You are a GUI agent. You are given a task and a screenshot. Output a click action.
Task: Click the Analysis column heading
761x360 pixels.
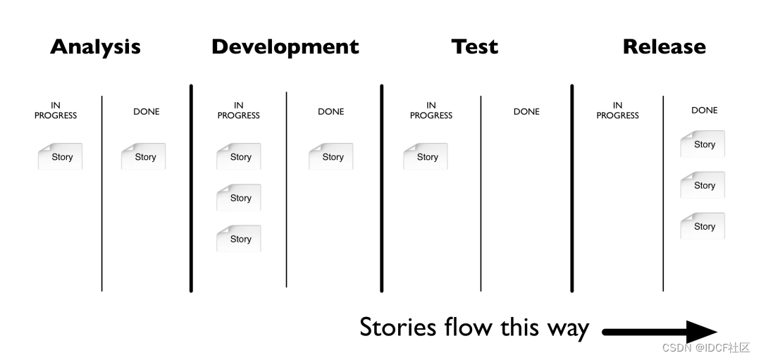(95, 46)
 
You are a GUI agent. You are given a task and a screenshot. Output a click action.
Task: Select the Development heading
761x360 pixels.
(285, 46)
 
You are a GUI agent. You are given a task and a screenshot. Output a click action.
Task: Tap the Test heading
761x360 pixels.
(474, 46)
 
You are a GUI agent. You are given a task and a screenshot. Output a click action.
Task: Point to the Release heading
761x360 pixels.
(664, 46)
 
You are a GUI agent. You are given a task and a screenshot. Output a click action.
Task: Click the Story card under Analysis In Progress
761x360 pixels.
(61, 156)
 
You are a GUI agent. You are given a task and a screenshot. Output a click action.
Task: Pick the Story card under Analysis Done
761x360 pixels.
(144, 156)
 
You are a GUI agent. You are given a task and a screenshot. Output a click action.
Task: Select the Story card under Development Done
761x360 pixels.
(331, 156)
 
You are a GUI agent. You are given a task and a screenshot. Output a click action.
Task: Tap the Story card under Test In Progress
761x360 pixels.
(426, 156)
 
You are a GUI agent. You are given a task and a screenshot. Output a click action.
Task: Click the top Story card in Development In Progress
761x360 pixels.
(239, 156)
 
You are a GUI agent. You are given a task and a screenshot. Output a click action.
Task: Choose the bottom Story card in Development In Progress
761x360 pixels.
(239, 239)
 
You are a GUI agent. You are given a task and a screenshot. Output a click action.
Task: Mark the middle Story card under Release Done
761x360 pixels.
(703, 185)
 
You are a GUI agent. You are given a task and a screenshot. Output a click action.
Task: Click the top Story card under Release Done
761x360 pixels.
(703, 144)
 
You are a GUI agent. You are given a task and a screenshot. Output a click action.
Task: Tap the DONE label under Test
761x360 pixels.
(526, 111)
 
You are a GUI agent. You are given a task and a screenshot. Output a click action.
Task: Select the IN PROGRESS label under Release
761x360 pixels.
(617, 111)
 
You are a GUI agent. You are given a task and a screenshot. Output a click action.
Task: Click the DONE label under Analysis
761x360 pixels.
(147, 111)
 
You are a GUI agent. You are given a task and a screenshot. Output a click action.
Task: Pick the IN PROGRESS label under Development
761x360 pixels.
(238, 111)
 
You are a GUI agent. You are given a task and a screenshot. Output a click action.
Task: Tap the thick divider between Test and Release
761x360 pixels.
(571, 188)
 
